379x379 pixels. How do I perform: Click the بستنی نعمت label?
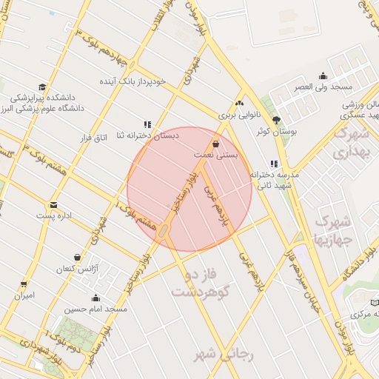pos(216,155)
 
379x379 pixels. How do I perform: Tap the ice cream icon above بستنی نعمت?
pos(216,144)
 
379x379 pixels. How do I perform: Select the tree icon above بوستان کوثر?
pos(276,120)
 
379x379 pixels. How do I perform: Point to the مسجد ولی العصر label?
pos(323,87)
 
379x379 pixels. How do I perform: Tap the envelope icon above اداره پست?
pos(53,205)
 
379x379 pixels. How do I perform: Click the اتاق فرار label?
pos(94,138)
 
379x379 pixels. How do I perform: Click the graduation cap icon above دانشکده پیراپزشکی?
pos(42,87)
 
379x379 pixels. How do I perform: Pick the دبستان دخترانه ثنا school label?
pos(147,135)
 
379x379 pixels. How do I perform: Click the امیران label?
pos(25,295)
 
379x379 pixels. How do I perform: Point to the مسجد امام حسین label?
pos(95,308)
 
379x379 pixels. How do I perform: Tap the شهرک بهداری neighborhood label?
pos(350,143)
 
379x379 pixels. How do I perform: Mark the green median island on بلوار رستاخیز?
pos(162,232)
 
